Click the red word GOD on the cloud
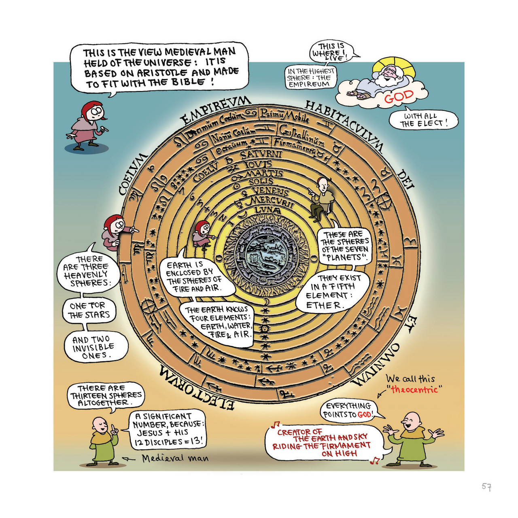point(399,97)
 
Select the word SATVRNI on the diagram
point(261,155)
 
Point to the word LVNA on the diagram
point(267,210)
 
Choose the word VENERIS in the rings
point(270,191)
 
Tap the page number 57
point(486,486)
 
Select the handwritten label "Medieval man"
point(175,459)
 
